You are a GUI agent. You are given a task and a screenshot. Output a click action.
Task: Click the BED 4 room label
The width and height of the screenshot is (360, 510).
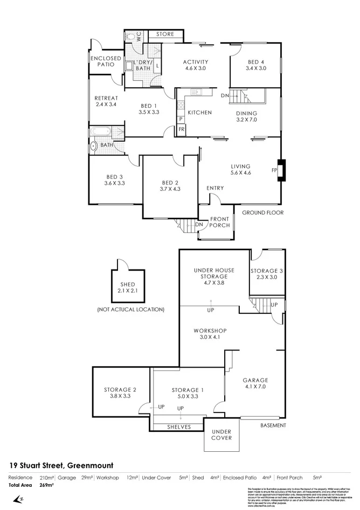coord(256,65)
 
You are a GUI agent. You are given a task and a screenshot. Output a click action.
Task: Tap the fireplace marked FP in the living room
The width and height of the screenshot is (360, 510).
coord(280,170)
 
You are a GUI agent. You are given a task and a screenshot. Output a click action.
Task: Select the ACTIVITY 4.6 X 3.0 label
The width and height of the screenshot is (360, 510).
coord(196,65)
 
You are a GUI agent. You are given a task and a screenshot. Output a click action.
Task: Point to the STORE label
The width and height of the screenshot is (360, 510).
coord(165,35)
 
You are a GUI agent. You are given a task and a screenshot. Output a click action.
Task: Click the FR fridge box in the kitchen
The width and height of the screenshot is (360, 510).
coord(182,129)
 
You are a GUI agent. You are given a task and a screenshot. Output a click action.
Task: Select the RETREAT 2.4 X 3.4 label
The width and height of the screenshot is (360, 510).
coord(106,101)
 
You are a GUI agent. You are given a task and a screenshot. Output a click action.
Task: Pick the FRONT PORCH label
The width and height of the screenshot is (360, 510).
coord(220,222)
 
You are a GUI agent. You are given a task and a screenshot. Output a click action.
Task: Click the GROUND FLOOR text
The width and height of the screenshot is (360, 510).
coord(262,213)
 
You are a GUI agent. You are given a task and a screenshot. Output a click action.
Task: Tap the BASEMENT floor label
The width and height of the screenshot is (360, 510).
coord(273,425)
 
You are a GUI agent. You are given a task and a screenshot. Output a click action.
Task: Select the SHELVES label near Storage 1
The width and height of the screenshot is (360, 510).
coord(178,426)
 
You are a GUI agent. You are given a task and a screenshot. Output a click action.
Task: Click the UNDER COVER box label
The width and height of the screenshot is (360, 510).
coord(221,435)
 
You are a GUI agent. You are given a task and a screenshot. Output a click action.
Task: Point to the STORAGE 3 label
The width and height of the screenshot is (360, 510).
coord(267,274)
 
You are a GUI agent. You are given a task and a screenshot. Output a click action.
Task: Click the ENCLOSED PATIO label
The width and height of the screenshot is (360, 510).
coord(106,61)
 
